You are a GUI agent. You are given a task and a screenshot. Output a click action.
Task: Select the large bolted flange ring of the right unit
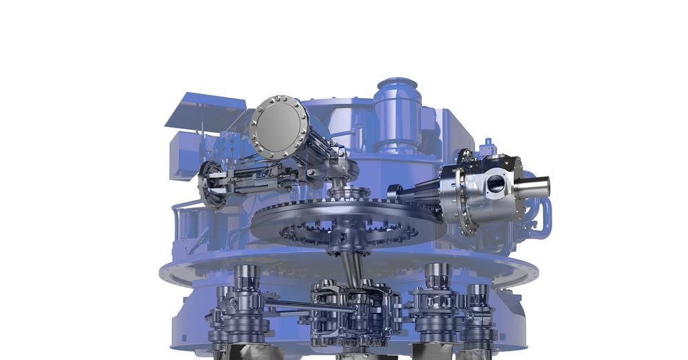[x=463, y=191]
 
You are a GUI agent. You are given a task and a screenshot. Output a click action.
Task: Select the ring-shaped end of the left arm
[x=210, y=184]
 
